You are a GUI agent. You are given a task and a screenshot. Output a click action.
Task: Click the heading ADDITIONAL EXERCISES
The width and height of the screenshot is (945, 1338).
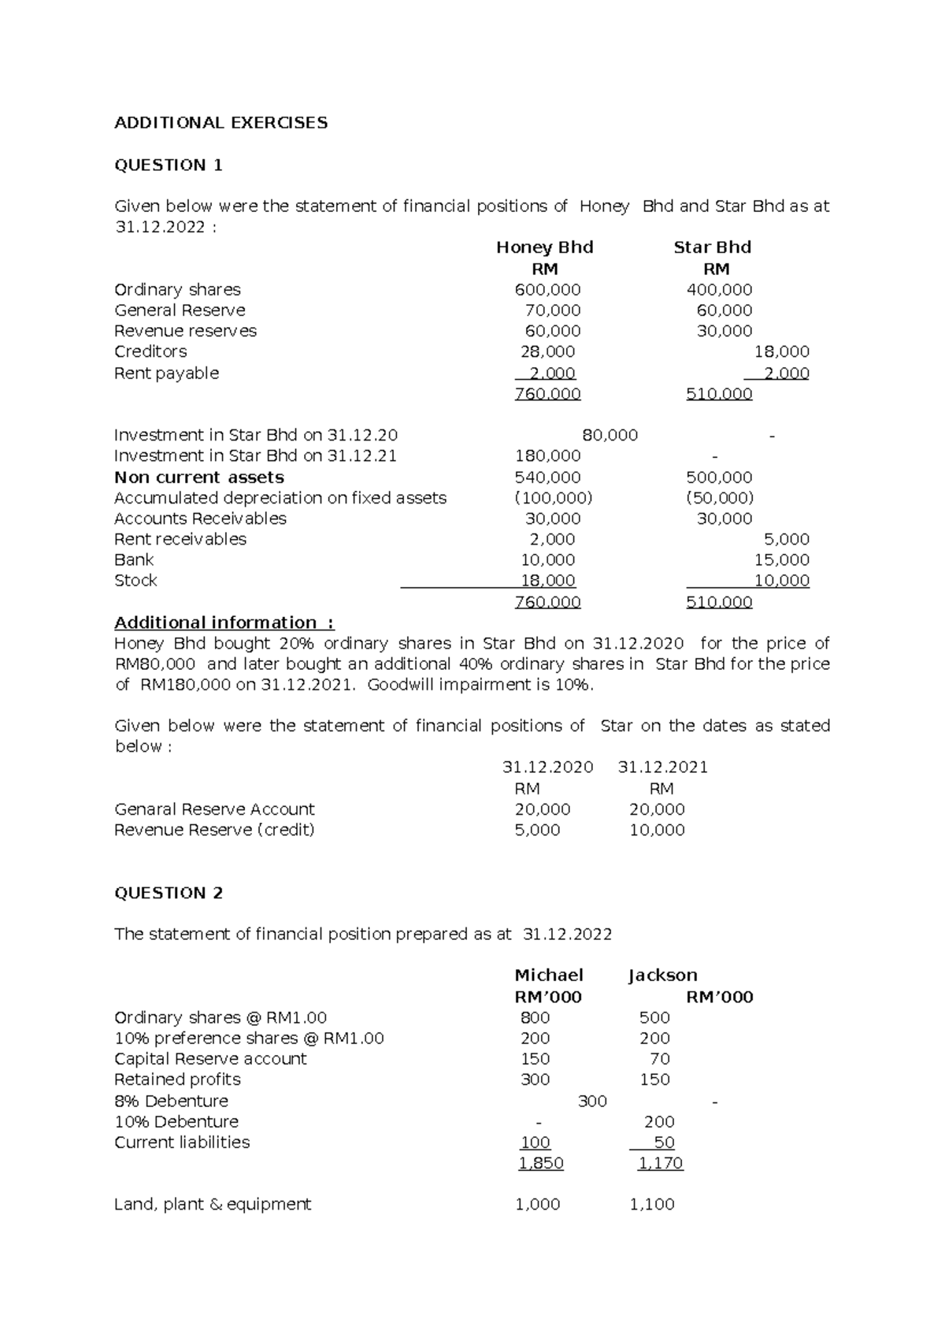(x=220, y=123)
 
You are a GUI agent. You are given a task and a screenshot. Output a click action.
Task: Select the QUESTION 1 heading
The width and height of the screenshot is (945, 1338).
(x=169, y=165)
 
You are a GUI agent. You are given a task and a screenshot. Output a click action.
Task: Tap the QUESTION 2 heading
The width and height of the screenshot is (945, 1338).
(x=169, y=893)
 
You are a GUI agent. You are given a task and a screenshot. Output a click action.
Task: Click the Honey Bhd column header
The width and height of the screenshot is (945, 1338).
(x=544, y=247)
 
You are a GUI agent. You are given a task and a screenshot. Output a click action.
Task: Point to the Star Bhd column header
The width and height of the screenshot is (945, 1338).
(x=712, y=247)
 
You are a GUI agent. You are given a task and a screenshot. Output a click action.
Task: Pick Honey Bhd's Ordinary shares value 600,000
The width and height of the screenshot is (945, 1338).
(x=547, y=290)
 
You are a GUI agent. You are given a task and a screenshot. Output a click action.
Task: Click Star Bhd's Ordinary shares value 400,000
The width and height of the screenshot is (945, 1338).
(x=719, y=290)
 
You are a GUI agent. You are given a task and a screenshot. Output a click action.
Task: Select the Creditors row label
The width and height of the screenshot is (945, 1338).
(x=150, y=351)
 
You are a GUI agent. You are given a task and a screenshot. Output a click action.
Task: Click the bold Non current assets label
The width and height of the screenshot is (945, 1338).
(x=198, y=478)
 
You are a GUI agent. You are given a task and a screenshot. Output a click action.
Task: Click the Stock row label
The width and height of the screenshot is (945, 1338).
(x=135, y=581)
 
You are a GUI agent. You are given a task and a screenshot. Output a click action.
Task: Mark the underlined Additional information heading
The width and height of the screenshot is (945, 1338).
(x=224, y=623)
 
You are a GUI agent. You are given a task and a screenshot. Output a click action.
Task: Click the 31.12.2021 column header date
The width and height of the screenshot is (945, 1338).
(x=662, y=767)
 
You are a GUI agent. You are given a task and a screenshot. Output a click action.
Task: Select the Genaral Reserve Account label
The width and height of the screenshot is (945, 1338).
(x=214, y=809)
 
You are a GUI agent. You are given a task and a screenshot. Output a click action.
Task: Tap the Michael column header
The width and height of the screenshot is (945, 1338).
(x=548, y=976)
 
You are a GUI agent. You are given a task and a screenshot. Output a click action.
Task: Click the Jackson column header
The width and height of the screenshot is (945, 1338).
(x=662, y=976)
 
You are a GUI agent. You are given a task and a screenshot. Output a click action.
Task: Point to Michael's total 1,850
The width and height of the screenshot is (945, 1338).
(x=541, y=1163)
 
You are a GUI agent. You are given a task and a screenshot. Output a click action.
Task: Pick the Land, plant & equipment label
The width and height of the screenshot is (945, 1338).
(x=213, y=1204)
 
